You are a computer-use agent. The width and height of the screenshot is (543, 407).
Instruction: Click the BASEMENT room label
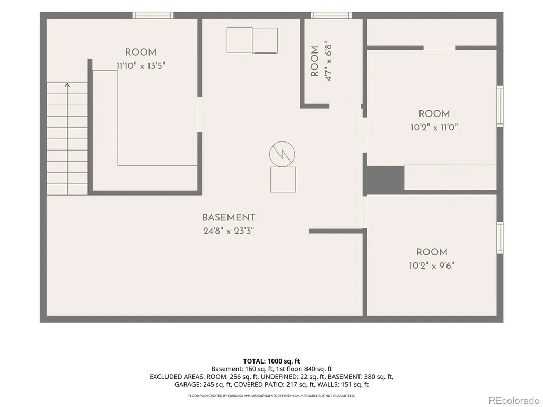tap(229, 218)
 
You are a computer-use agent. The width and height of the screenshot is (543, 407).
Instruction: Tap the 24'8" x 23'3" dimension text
tap(229, 231)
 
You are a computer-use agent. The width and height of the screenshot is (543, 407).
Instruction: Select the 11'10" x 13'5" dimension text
tap(141, 66)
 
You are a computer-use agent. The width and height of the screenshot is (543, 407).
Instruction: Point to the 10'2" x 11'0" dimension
tap(434, 127)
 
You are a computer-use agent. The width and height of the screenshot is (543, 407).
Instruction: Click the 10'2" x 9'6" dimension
tap(432, 266)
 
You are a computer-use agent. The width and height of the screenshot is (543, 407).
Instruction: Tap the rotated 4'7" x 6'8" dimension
tap(328, 61)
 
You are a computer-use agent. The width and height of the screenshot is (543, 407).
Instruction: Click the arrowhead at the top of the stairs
tap(67, 85)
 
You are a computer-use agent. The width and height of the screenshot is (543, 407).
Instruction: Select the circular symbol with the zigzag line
tap(282, 154)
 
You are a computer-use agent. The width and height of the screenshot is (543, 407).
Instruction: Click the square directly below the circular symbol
tap(283, 180)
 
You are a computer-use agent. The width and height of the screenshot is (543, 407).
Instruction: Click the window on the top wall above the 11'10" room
tap(153, 15)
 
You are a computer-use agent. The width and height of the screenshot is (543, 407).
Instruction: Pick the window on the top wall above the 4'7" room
tap(331, 15)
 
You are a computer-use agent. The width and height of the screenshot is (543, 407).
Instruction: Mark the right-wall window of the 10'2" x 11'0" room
tap(500, 106)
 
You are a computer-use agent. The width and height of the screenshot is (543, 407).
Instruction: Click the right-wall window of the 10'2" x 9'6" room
tap(500, 238)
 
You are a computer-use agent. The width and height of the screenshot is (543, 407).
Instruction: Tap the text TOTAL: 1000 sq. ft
tap(271, 361)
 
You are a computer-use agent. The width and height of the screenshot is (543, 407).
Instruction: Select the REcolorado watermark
tap(514, 401)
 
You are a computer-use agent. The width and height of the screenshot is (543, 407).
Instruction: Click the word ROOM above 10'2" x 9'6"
tap(432, 252)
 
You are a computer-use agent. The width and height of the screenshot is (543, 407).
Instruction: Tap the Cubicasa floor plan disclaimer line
tap(271, 395)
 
